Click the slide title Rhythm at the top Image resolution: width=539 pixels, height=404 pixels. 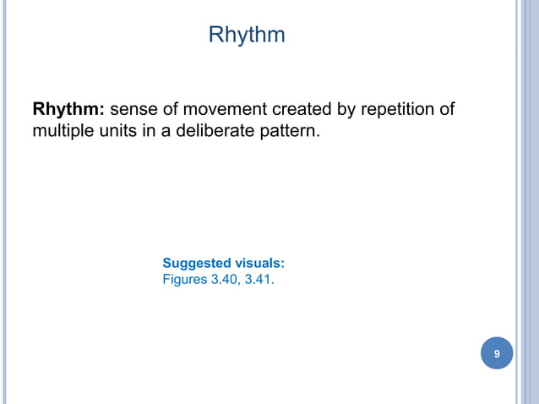pos(246,35)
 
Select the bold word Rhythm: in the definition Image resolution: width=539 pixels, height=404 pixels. pos(69,110)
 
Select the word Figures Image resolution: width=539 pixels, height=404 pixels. pos(183,278)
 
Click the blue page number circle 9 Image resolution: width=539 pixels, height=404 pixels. pos(497,354)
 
